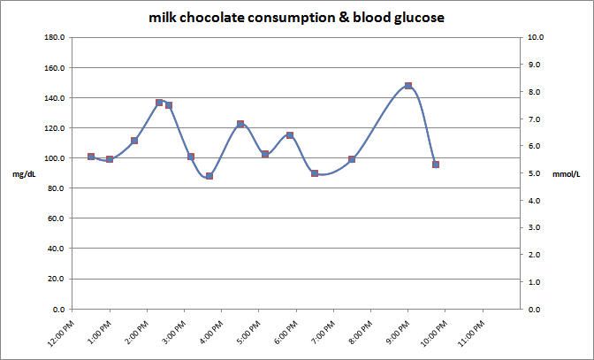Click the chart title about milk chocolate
(x=296, y=17)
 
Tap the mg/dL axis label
(x=25, y=174)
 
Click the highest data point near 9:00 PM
(x=408, y=86)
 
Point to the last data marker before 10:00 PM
(x=436, y=165)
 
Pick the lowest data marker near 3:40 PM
(x=209, y=176)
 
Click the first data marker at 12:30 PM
(x=91, y=157)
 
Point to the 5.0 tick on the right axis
(x=535, y=173)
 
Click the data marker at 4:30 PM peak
(x=240, y=125)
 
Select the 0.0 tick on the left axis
(x=56, y=310)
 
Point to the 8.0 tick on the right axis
(x=535, y=92)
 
